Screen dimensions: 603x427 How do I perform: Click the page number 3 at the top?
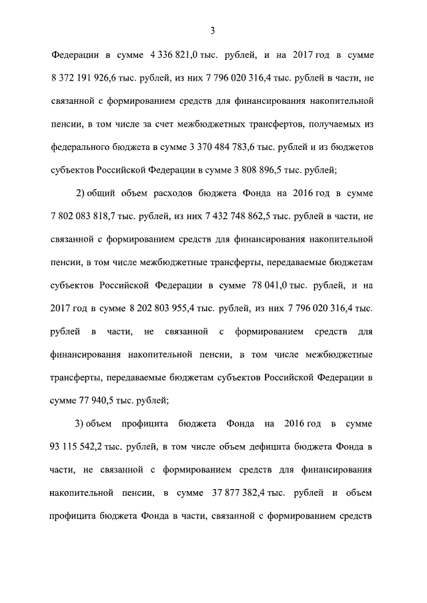213,29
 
